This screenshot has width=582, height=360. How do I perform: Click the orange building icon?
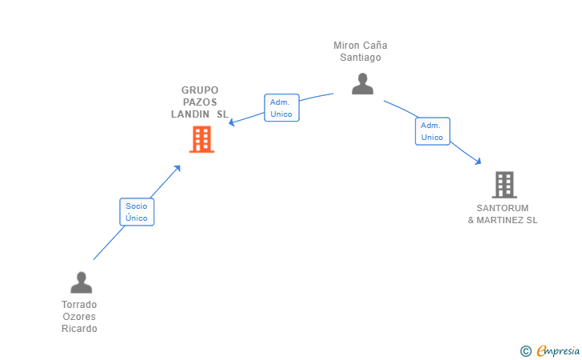coord(201,139)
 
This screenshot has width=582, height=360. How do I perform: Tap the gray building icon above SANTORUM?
coord(504,185)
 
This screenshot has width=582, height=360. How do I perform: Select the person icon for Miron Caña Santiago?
coord(362,83)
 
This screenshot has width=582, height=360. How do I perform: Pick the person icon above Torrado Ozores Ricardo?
coord(82,282)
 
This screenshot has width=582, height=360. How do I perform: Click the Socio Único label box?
coord(137,212)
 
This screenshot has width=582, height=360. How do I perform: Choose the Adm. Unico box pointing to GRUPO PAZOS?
coord(281,108)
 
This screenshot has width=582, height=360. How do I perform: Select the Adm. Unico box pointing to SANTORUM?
coord(433,131)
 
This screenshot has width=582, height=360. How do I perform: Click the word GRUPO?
coord(200,90)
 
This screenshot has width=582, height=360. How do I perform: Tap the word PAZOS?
coord(200,102)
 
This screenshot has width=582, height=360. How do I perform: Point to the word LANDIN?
coord(190,114)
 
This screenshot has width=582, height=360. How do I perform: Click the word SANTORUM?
coord(503,208)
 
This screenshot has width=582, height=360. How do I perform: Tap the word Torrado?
coord(79,305)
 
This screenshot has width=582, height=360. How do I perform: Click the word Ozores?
coord(79,317)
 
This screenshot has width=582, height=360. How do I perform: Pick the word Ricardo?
coord(79,329)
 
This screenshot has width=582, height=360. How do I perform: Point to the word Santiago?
coord(361,58)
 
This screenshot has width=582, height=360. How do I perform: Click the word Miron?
coord(345,46)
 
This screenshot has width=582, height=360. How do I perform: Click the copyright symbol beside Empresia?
coord(525,351)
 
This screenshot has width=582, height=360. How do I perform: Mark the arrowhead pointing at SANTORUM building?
coord(478,162)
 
